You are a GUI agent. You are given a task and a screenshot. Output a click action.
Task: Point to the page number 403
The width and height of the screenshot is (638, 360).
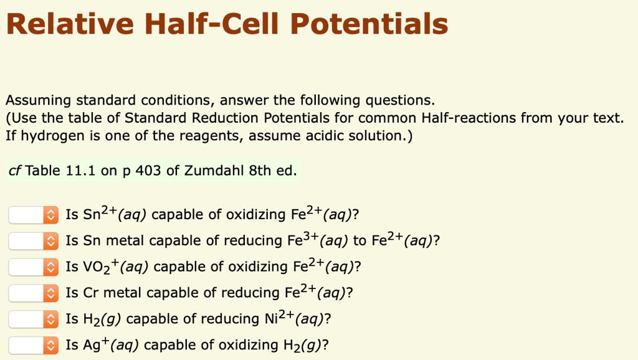coord(148,171)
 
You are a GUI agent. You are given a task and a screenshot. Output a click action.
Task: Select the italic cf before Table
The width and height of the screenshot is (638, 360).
coord(16,171)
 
